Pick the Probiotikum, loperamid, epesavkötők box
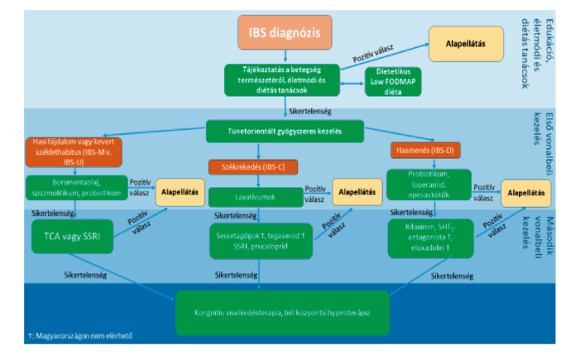428,186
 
